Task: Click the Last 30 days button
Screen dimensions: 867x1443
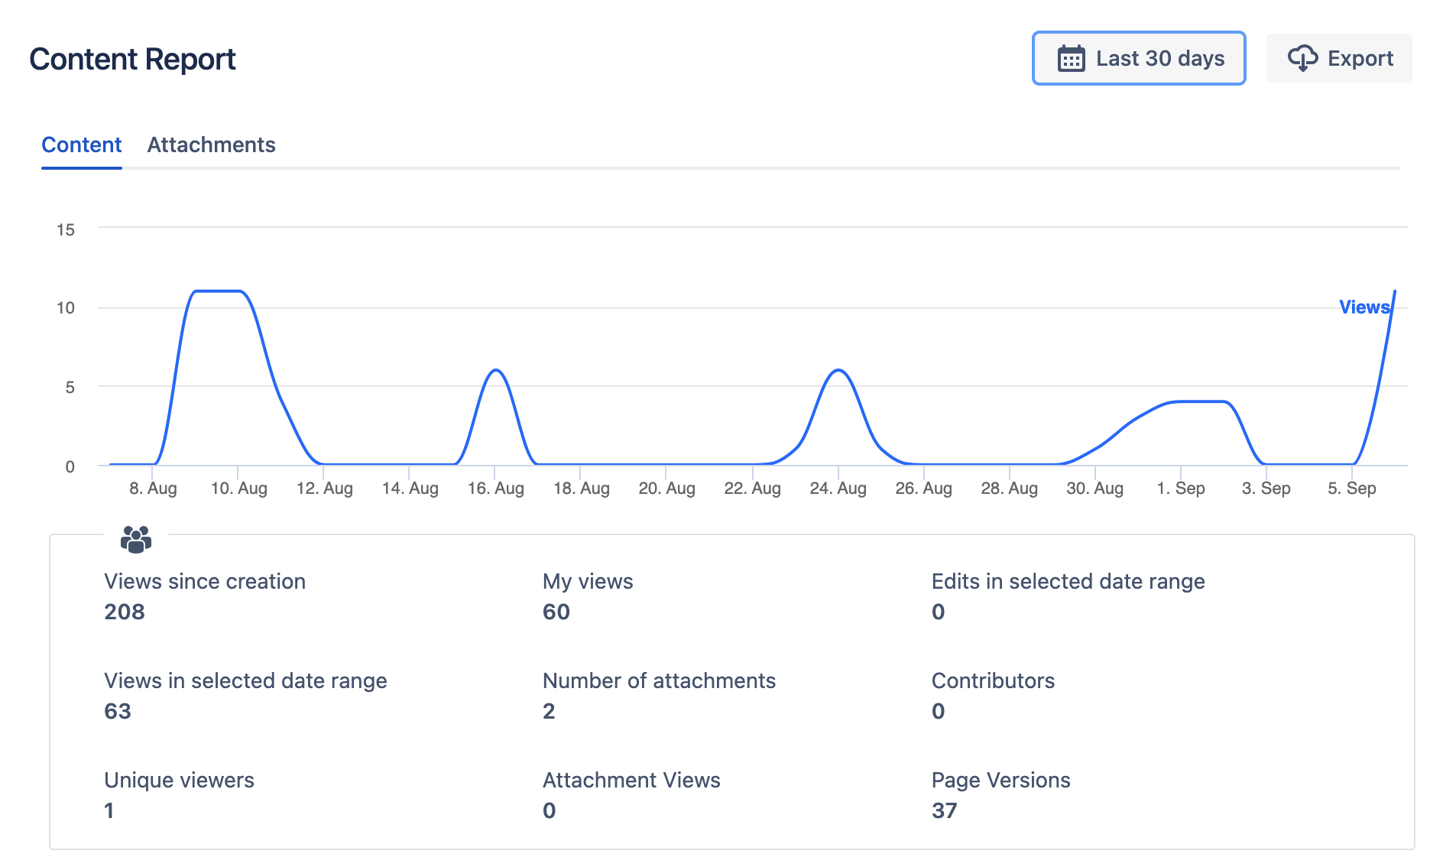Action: click(x=1138, y=58)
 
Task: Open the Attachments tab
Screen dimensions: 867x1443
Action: click(x=211, y=144)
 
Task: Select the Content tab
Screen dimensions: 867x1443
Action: click(x=82, y=144)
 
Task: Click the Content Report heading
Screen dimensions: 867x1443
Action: click(x=132, y=59)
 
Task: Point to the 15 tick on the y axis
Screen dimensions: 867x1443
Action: click(x=66, y=229)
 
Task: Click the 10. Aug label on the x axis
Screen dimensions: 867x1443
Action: click(x=238, y=488)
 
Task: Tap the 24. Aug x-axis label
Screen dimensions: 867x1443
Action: click(x=838, y=488)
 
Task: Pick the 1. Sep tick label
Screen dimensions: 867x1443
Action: click(x=1180, y=488)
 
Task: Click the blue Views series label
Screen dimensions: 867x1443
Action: click(x=1364, y=307)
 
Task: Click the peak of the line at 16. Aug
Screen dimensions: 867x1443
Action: click(x=496, y=370)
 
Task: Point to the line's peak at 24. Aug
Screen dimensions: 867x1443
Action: click(x=838, y=370)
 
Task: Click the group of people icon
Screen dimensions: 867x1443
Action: click(x=136, y=539)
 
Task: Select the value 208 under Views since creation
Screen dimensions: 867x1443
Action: click(x=125, y=612)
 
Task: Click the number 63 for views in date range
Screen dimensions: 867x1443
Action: click(x=118, y=711)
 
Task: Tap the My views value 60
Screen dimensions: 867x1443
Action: click(x=556, y=612)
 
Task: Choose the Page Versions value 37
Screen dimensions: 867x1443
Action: click(x=944, y=810)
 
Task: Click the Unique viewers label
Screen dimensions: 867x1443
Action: click(x=179, y=780)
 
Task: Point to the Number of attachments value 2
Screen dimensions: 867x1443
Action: click(x=549, y=711)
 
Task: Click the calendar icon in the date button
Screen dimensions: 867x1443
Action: click(x=1071, y=58)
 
